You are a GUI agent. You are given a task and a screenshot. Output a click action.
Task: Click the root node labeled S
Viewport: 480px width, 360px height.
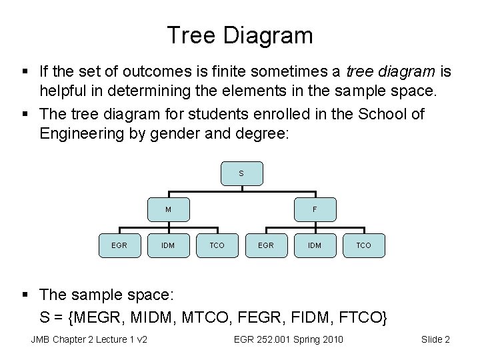pos(241,173)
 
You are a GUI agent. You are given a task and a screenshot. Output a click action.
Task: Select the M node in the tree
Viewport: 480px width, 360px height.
pos(168,209)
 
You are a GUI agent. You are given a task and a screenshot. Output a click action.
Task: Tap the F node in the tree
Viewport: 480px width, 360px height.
pos(315,209)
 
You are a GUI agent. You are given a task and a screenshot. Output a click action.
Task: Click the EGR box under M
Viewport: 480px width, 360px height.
pos(119,245)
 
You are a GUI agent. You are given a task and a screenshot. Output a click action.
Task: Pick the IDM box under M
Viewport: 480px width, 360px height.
pos(168,245)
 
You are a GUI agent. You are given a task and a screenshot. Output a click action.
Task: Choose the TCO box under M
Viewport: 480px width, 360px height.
pos(217,245)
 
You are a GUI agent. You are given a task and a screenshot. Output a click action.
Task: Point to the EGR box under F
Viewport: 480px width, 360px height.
pos(265,245)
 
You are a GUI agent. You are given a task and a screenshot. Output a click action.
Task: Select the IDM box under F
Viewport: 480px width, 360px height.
pos(315,245)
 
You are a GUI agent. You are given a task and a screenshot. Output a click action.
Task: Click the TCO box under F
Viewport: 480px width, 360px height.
pos(363,245)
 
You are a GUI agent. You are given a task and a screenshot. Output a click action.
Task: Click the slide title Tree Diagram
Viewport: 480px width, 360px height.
pos(240,35)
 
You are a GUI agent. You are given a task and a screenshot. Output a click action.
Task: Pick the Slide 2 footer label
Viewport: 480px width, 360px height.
pos(435,340)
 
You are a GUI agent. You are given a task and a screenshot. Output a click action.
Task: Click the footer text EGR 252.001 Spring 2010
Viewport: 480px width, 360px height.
pos(289,340)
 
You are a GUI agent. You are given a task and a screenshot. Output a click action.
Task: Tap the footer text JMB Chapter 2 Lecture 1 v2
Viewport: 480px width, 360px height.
pos(89,340)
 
